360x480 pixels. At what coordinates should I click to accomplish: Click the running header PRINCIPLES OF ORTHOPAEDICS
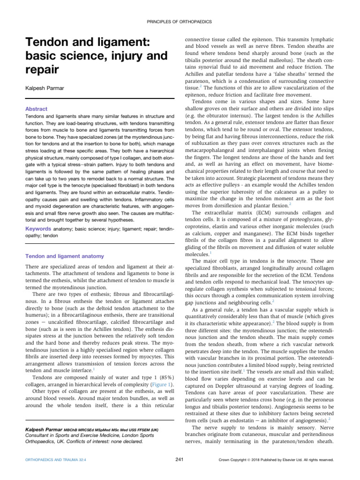(x=180, y=22)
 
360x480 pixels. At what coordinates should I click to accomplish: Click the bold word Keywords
(x=37, y=229)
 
